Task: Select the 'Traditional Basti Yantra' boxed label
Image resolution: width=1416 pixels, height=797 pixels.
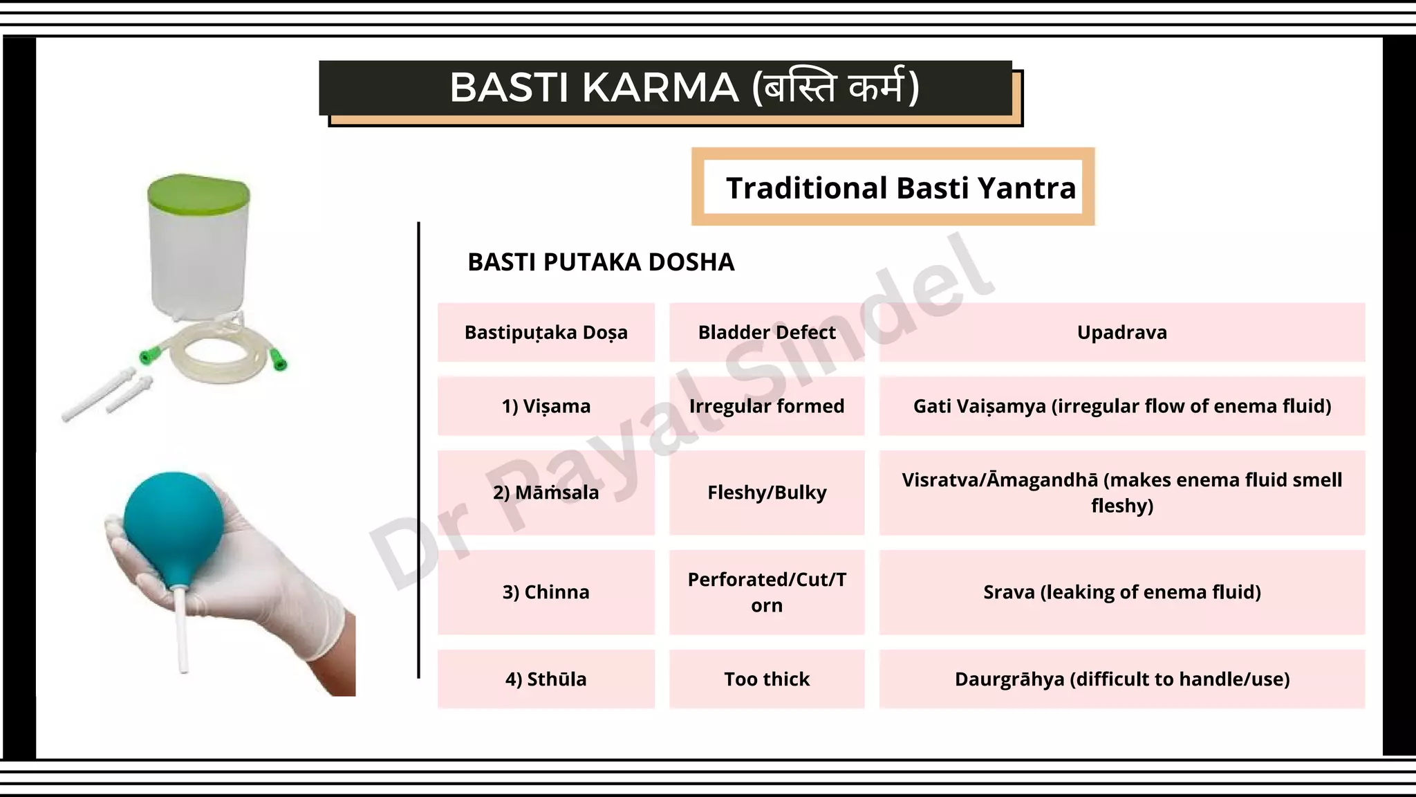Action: coord(900,187)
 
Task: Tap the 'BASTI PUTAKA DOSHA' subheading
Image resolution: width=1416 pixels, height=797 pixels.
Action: coord(600,262)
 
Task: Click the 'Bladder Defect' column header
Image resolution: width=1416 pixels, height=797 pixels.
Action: coord(766,333)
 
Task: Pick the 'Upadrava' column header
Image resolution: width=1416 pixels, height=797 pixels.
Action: coord(1121,333)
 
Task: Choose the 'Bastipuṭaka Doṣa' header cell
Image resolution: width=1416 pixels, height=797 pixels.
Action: coord(546,333)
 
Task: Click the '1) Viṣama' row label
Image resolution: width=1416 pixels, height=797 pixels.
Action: coord(546,406)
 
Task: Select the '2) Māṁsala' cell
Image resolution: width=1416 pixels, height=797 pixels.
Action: coord(546,493)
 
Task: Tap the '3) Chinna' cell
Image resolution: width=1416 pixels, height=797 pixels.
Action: coord(546,592)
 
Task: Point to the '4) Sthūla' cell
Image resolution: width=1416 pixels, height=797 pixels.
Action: coord(546,679)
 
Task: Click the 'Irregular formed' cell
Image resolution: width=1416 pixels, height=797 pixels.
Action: coord(766,406)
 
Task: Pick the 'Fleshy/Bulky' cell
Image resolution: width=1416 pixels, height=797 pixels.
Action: coord(766,493)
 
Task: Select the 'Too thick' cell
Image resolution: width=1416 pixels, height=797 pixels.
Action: coord(766,679)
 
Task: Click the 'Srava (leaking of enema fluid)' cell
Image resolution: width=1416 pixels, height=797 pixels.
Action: coord(1121,592)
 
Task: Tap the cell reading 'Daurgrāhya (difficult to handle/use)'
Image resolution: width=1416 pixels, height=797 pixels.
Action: coord(1121,679)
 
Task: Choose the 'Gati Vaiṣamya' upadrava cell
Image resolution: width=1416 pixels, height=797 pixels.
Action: coord(1121,406)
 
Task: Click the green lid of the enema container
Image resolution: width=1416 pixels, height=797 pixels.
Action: coord(198,190)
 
